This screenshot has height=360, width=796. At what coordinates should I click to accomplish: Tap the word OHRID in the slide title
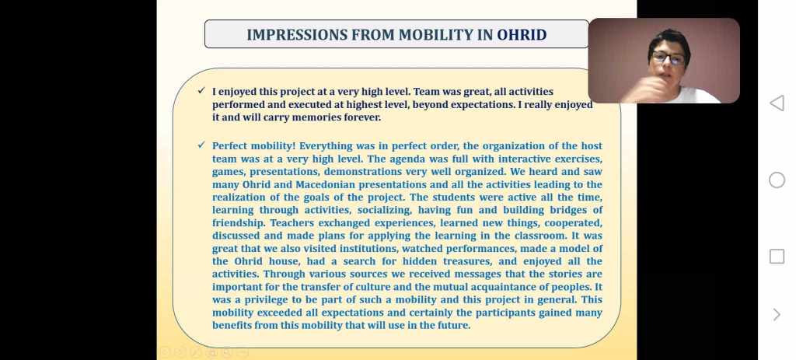click(522, 35)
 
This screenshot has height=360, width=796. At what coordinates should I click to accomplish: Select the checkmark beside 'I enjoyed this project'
click(201, 90)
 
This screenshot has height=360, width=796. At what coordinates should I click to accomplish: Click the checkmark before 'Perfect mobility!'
click(201, 145)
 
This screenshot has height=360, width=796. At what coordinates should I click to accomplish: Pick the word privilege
click(264, 299)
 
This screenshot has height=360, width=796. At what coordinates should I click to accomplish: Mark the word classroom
click(541, 236)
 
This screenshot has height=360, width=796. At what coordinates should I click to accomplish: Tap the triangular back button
click(777, 103)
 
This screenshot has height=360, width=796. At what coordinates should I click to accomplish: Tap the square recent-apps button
click(777, 257)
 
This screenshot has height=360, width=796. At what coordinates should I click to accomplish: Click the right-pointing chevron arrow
click(777, 315)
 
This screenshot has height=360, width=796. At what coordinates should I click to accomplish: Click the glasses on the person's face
click(669, 58)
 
